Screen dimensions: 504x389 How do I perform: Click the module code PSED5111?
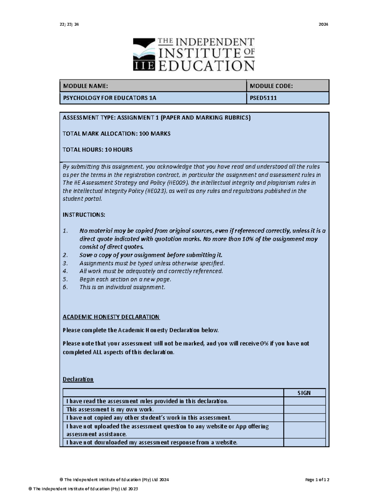263,98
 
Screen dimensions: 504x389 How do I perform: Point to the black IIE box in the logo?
144,66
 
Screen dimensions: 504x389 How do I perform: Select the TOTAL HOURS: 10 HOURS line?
97,150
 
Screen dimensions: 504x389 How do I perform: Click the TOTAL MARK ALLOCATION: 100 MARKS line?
116,134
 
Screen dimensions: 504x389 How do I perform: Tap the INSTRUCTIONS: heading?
84,215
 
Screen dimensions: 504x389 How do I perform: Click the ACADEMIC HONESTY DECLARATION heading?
111,317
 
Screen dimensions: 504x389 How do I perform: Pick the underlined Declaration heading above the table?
78,379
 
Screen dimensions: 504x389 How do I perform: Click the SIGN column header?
304,393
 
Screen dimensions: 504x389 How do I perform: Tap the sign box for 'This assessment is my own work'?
304,410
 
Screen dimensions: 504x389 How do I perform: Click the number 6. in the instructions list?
65,287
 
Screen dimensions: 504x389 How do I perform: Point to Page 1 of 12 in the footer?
317,480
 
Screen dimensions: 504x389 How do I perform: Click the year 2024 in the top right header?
323,24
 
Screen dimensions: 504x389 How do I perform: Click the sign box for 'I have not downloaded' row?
304,442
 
